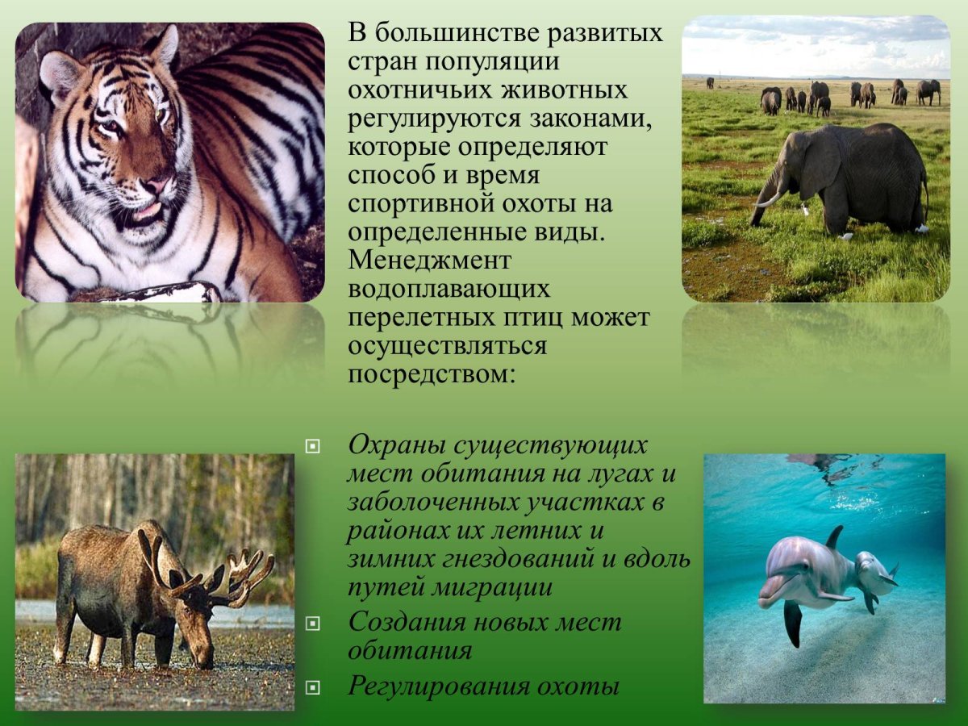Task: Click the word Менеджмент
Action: click(x=429, y=261)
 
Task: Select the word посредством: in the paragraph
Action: click(x=431, y=374)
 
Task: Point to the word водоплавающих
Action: click(x=449, y=290)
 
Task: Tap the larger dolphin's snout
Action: click(x=767, y=600)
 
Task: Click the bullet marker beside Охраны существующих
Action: click(x=313, y=445)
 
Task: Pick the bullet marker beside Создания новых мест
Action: click(x=313, y=623)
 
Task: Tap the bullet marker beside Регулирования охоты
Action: click(x=313, y=687)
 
